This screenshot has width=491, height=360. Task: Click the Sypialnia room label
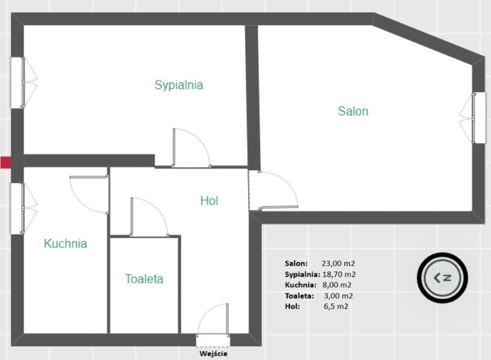point(179,85)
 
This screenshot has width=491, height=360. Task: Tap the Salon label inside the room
point(353,111)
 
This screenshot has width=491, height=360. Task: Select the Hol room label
point(209,201)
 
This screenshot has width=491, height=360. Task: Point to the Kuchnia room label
point(66,244)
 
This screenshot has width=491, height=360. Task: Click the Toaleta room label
point(144,279)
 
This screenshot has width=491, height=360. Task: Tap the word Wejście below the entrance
point(213,354)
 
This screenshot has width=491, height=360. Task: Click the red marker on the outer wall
point(5,163)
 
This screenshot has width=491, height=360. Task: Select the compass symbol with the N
point(442,278)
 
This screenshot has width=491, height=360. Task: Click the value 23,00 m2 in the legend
point(338,263)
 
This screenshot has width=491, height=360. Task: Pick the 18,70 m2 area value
point(339,275)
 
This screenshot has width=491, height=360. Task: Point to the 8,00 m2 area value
point(337,285)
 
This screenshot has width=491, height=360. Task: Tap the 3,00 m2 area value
point(338,296)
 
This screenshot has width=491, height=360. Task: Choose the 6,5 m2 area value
point(336,306)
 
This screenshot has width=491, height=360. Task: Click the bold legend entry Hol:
point(292,306)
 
